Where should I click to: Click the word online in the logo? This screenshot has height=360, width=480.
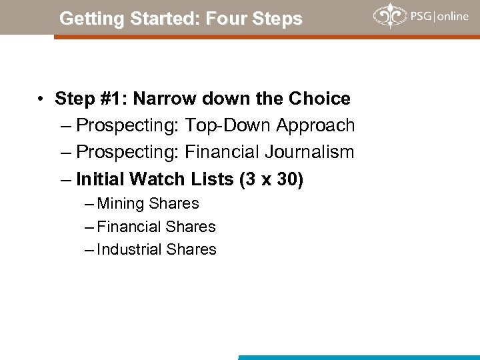[453, 16]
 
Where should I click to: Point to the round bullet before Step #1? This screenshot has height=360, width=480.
[41, 99]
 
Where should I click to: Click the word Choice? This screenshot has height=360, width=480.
[319, 99]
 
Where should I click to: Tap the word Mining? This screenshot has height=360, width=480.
[121, 204]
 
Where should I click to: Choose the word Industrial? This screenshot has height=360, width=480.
[129, 249]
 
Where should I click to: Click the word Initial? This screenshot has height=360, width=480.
[101, 179]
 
